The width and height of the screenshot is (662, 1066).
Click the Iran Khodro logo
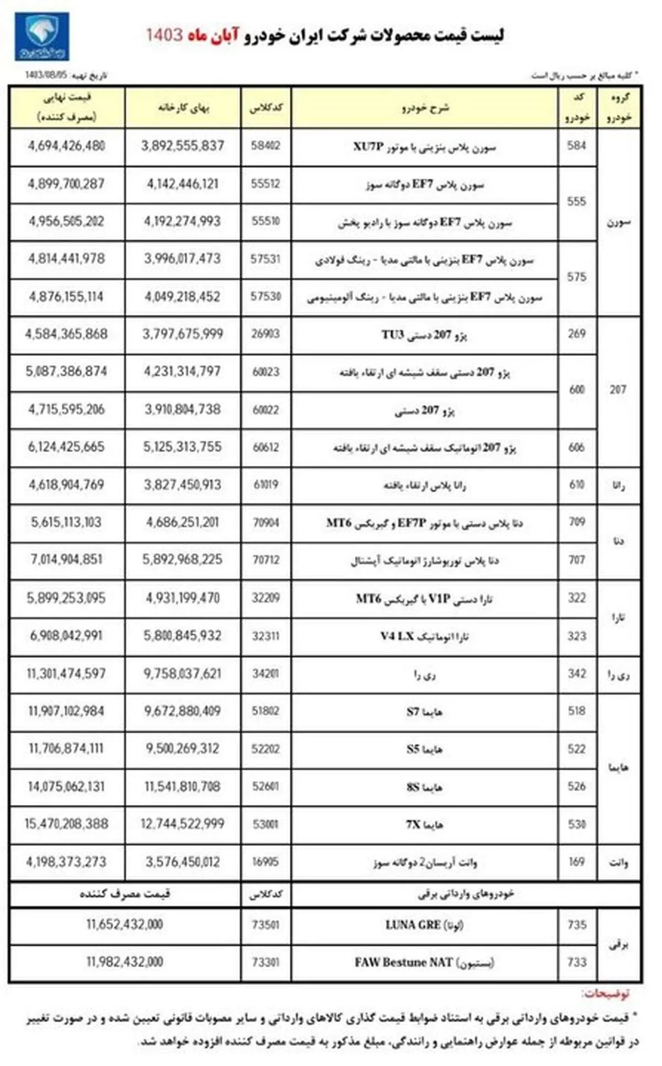tap(41, 37)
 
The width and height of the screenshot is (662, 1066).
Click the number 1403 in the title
tap(164, 35)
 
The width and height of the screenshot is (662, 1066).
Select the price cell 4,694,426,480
tap(66, 146)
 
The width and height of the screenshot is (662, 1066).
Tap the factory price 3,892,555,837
tap(183, 146)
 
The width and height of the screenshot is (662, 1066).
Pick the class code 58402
tap(265, 146)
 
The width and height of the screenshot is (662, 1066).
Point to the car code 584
tap(576, 146)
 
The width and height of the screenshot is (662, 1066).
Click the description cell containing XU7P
tap(424, 147)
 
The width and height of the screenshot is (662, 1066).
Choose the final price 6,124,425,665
tap(66, 447)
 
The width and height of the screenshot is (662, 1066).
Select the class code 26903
tap(265, 334)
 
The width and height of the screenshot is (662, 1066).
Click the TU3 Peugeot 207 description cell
tap(424, 335)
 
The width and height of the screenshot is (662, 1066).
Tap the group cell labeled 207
tap(618, 390)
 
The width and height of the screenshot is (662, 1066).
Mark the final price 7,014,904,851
tap(66, 560)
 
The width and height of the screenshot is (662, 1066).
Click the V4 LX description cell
tap(424, 636)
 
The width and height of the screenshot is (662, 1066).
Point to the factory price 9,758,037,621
tap(183, 674)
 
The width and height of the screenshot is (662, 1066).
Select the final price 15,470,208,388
tap(66, 824)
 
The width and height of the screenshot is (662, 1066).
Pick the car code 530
tap(576, 824)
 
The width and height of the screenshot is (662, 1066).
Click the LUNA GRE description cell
tap(424, 925)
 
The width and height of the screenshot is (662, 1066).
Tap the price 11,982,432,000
tap(125, 963)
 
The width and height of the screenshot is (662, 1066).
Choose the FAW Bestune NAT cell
tap(424, 963)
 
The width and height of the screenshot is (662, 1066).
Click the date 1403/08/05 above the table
tap(45, 75)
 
